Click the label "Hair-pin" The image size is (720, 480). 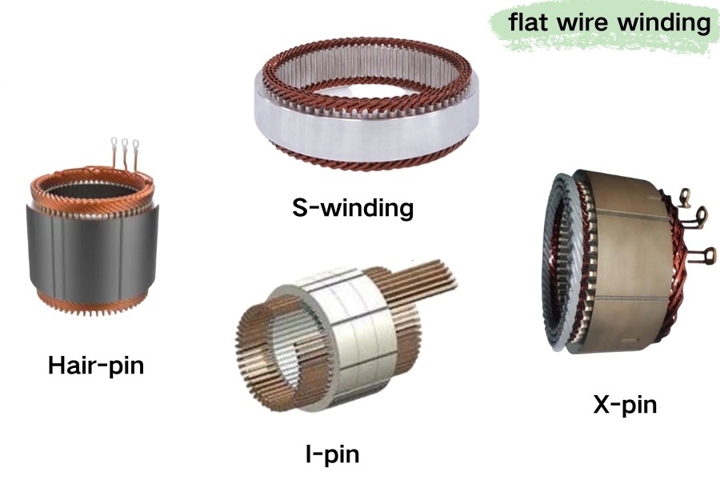[x=96, y=366]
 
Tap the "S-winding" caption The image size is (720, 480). [x=352, y=209]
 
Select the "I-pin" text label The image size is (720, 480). [x=332, y=455]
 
